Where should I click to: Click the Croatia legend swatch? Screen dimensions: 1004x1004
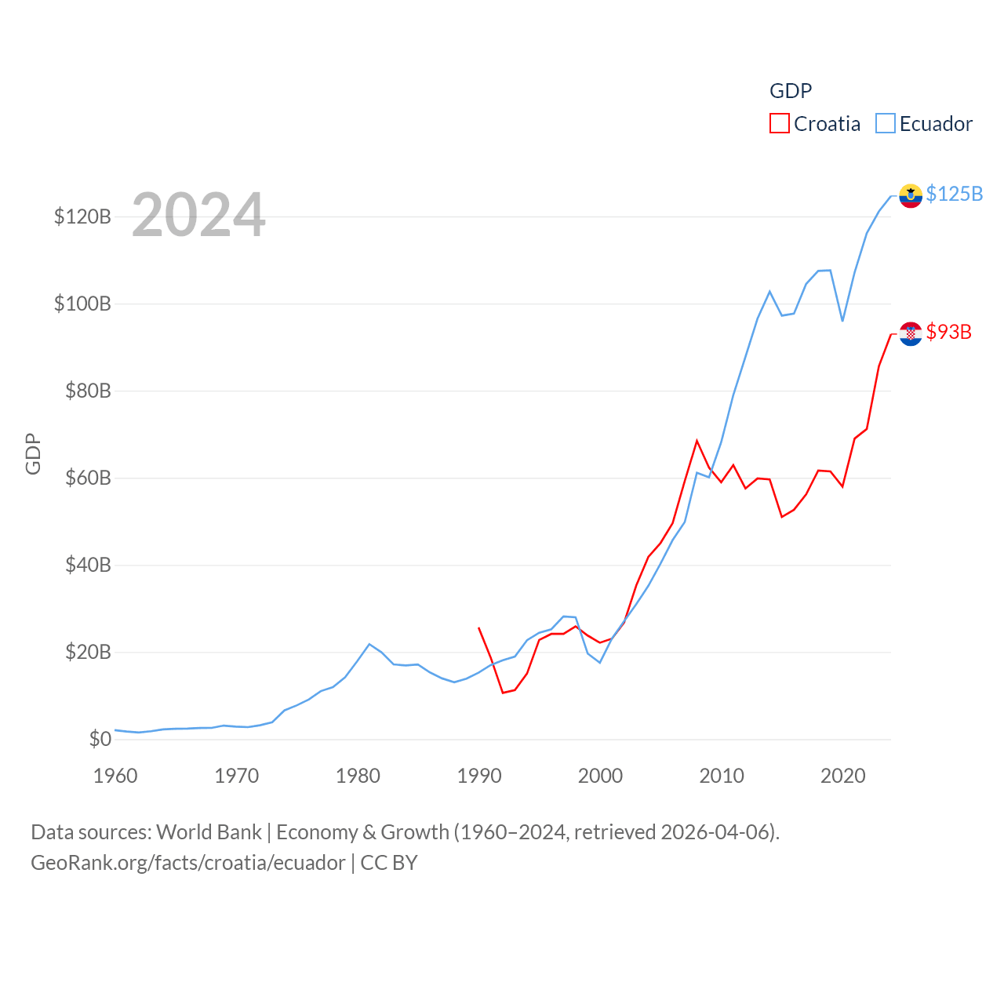pos(779,124)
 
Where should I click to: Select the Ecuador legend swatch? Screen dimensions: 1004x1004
pos(885,124)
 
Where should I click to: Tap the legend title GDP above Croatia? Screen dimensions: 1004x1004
pos(790,91)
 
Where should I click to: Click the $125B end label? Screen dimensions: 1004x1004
pos(954,194)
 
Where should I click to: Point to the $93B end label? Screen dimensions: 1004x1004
pos(948,332)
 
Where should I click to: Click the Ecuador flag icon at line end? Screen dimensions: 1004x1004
pos(911,195)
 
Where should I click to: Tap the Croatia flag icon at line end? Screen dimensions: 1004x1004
pos(911,333)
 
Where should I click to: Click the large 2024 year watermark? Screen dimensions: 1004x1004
pos(198,215)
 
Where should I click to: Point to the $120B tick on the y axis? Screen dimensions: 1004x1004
pos(82,216)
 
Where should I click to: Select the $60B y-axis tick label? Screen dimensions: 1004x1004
pos(87,478)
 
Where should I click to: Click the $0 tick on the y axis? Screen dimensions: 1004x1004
pos(100,739)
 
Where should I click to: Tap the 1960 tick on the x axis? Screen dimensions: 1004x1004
pos(115,776)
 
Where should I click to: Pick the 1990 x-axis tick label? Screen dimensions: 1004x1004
pos(479,776)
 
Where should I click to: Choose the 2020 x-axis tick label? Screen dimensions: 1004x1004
pos(842,776)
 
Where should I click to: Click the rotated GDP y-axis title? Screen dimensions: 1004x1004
pos(33,453)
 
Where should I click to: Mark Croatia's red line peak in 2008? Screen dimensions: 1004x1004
pos(697,441)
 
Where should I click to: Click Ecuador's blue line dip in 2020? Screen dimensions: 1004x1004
pos(842,321)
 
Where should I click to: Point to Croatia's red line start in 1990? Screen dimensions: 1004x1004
pos(479,628)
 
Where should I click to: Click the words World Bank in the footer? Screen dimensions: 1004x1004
pos(209,831)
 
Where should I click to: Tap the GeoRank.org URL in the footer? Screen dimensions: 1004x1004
pos(187,863)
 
